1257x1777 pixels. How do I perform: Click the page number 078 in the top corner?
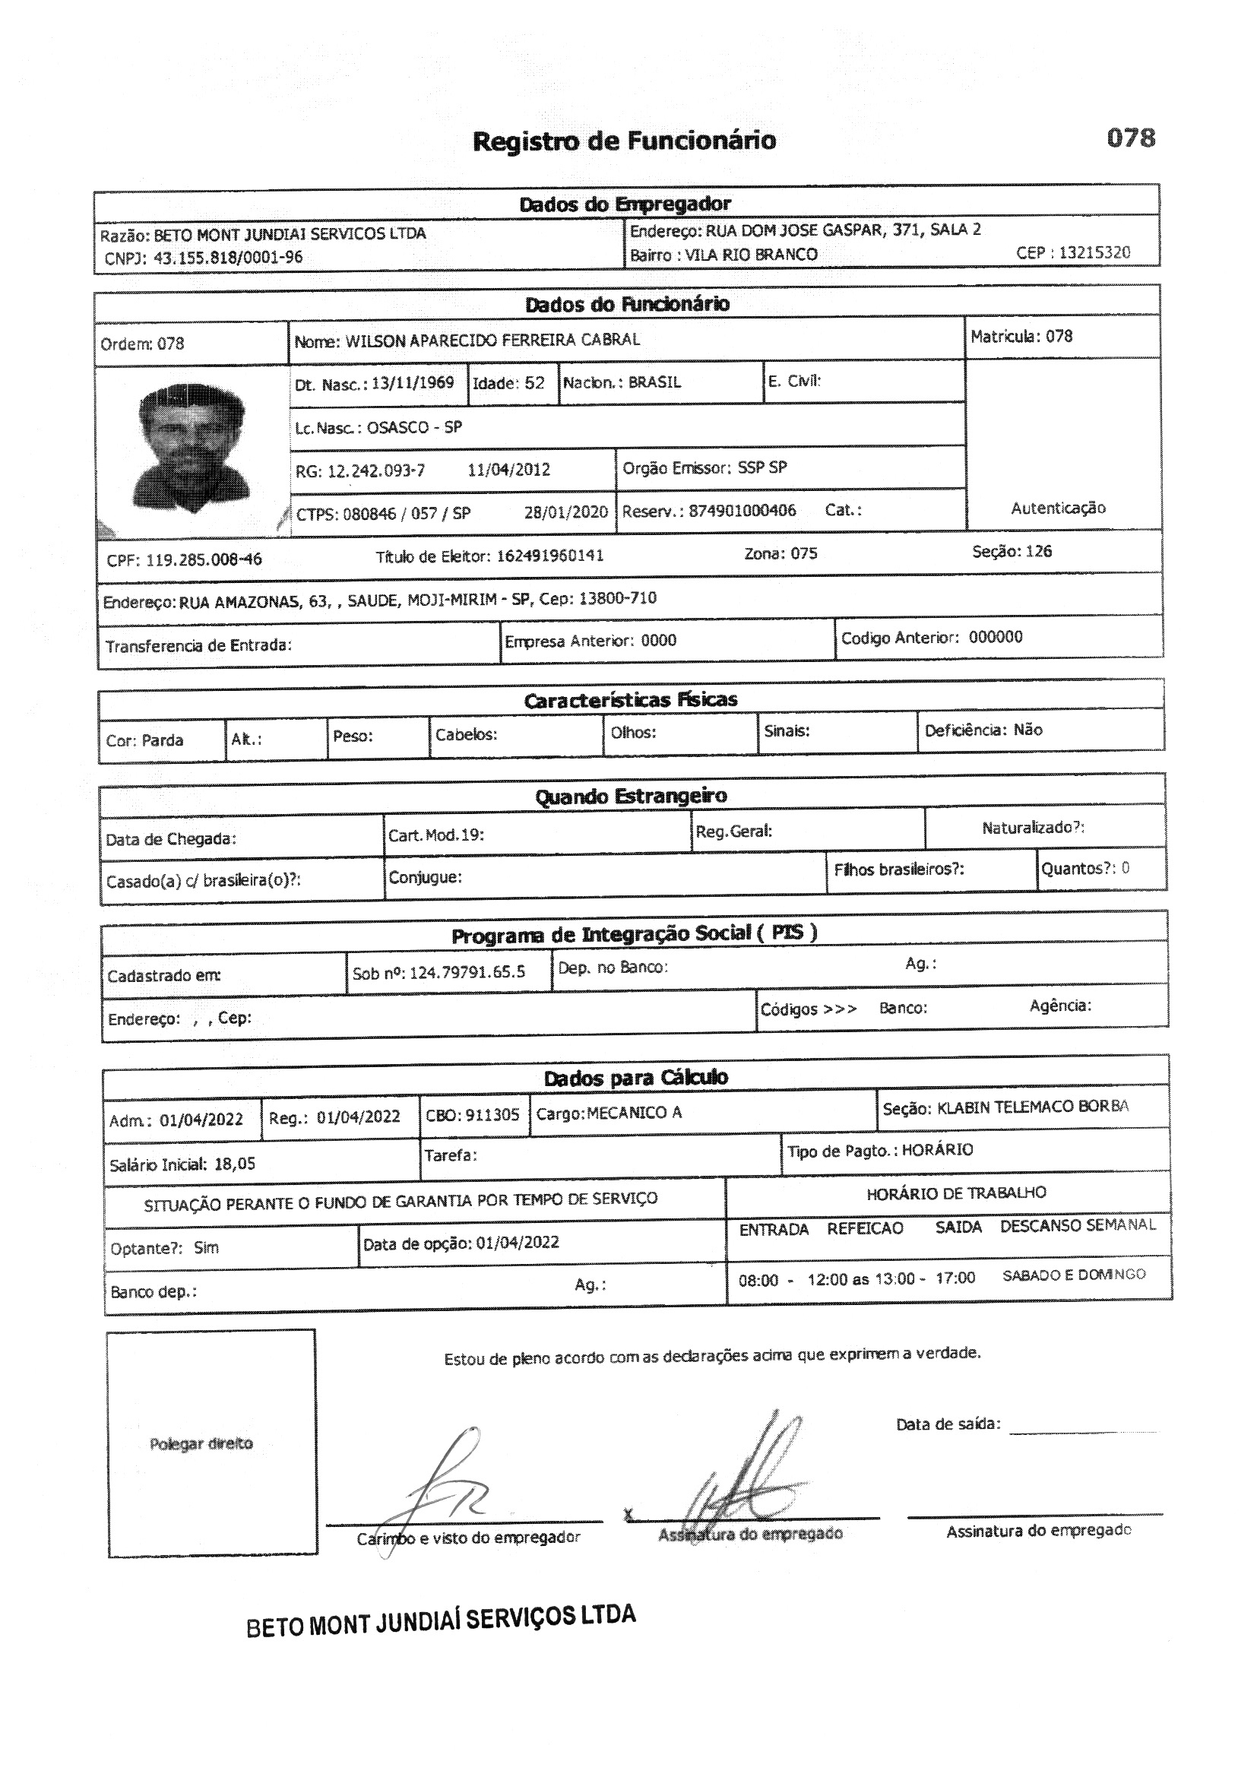click(x=1130, y=138)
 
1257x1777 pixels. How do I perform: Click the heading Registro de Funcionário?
click(x=624, y=141)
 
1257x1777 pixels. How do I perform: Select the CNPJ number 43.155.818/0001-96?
click(x=227, y=258)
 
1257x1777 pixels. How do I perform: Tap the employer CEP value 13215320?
click(x=1094, y=252)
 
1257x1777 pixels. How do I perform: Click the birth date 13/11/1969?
click(x=413, y=383)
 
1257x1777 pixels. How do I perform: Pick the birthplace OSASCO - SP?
click(x=414, y=427)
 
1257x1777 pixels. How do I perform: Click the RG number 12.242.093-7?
click(x=376, y=470)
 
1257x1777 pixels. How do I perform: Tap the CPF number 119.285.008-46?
click(x=204, y=559)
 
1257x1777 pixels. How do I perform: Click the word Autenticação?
click(x=1058, y=508)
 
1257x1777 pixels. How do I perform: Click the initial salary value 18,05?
click(x=235, y=1164)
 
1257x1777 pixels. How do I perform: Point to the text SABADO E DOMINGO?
click(x=1074, y=1275)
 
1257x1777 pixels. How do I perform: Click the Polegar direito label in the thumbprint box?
click(x=201, y=1443)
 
